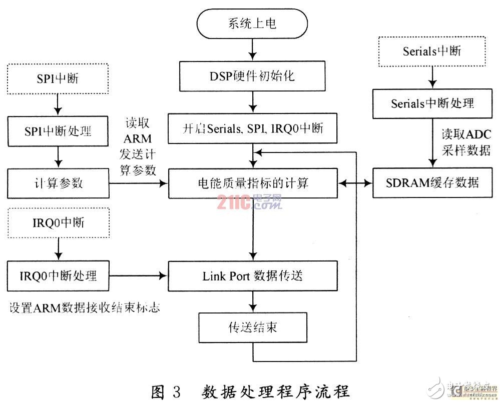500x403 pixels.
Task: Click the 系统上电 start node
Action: [252, 23]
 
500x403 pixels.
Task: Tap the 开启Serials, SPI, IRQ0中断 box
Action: [253, 128]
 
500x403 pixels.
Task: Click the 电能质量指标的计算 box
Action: [253, 183]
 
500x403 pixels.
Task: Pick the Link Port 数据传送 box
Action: [253, 275]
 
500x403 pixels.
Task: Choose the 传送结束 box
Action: [253, 327]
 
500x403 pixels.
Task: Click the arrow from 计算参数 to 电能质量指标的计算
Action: [138, 183]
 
